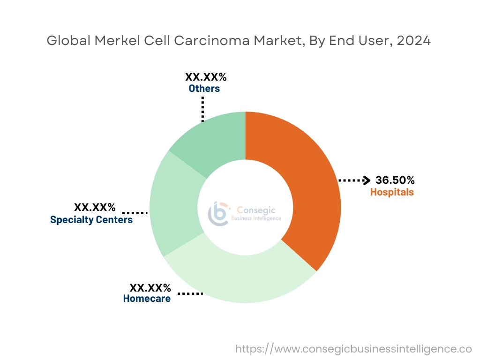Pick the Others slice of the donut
(x=211, y=141)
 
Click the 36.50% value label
(x=395, y=180)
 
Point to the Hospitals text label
(x=392, y=192)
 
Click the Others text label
(x=204, y=88)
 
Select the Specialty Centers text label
(x=91, y=219)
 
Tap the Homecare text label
(x=147, y=298)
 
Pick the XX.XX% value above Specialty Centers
(x=95, y=207)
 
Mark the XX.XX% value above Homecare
(x=150, y=287)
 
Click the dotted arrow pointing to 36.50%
(x=354, y=180)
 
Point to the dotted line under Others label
(x=203, y=109)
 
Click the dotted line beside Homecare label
(x=190, y=294)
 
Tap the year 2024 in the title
(x=413, y=41)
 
